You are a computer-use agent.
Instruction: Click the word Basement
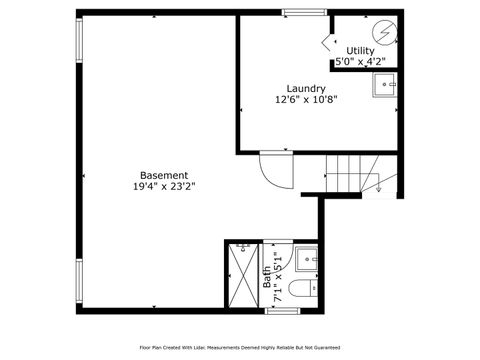point(164,174)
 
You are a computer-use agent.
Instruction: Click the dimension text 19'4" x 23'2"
point(164,186)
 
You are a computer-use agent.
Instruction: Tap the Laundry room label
point(305,88)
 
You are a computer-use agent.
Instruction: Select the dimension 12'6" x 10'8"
point(305,99)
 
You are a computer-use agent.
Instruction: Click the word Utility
point(360,50)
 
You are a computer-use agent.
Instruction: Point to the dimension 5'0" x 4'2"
point(357,61)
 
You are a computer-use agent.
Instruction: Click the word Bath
point(268,279)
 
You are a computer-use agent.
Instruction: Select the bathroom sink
point(308,263)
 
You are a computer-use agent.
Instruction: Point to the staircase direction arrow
point(379,184)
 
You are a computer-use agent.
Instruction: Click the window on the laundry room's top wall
point(298,12)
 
